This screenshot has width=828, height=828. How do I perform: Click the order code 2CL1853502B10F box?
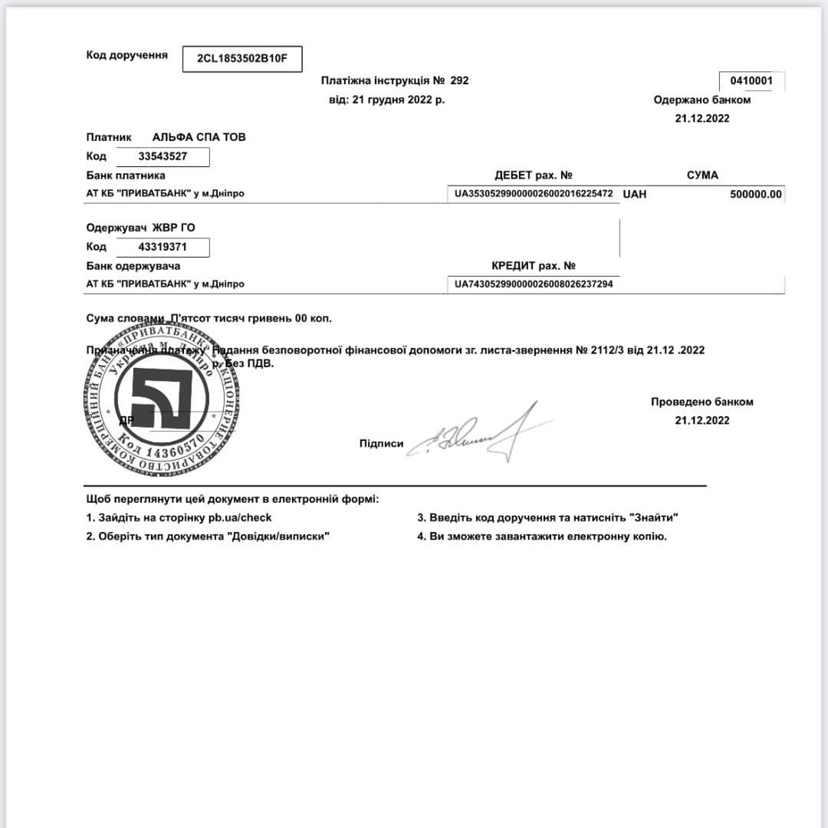pyautogui.click(x=242, y=59)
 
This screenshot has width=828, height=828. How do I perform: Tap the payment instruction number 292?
pyautogui.click(x=459, y=80)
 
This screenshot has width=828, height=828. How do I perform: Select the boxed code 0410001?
pyautogui.click(x=751, y=80)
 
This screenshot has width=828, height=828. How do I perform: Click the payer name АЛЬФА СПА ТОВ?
pyautogui.click(x=199, y=137)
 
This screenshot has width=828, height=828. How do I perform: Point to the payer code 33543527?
pyautogui.click(x=163, y=156)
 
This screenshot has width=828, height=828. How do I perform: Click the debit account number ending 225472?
pyautogui.click(x=534, y=194)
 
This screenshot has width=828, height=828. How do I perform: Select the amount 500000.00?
pyautogui.click(x=756, y=194)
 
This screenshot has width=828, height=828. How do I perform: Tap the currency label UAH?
pyautogui.click(x=635, y=194)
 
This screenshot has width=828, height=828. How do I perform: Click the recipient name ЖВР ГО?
pyautogui.click(x=173, y=228)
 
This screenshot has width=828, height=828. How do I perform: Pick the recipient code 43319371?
pyautogui.click(x=163, y=247)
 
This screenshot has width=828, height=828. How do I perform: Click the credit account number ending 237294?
pyautogui.click(x=534, y=284)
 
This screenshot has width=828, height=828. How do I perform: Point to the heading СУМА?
pyautogui.click(x=702, y=176)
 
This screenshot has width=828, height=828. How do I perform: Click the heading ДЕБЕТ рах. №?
pyautogui.click(x=534, y=176)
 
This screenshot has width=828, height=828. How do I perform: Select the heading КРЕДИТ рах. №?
pyautogui.click(x=534, y=266)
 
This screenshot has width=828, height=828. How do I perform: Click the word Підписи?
pyautogui.click(x=381, y=444)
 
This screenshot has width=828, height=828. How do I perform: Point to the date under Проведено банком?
pyautogui.click(x=702, y=420)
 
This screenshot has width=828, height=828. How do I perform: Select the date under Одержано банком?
pyautogui.click(x=702, y=118)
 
